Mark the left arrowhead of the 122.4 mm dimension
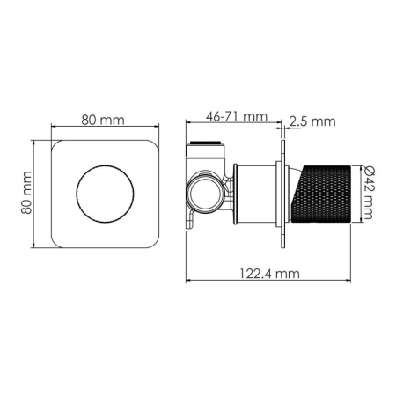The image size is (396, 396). [188, 282]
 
